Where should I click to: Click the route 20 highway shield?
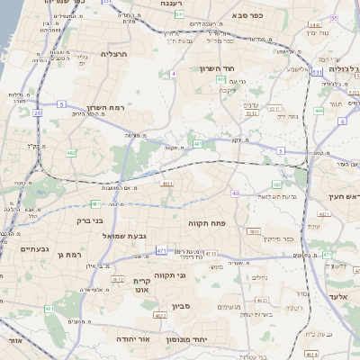pos(37,113)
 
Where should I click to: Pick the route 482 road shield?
pos(71,153)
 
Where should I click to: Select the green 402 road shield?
pos(220,79)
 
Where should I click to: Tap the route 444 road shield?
pos(319,111)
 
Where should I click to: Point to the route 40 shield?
pos(235,193)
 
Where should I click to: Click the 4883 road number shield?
pos(255,231)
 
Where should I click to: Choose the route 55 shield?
pos(335,18)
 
